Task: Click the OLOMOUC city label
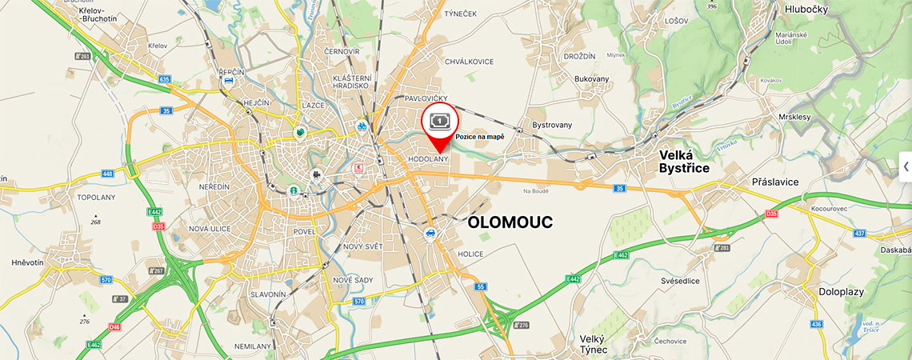point(510,222)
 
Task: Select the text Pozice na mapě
point(480,137)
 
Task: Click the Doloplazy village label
point(841,292)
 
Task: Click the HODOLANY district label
point(430,160)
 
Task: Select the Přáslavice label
point(775,182)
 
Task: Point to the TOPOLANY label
point(96,197)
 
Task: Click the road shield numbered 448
point(107,174)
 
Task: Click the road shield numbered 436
point(816,324)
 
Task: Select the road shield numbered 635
point(165,79)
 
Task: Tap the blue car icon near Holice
point(430,234)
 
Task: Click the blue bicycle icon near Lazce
point(362,126)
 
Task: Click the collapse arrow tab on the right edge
point(905,166)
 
